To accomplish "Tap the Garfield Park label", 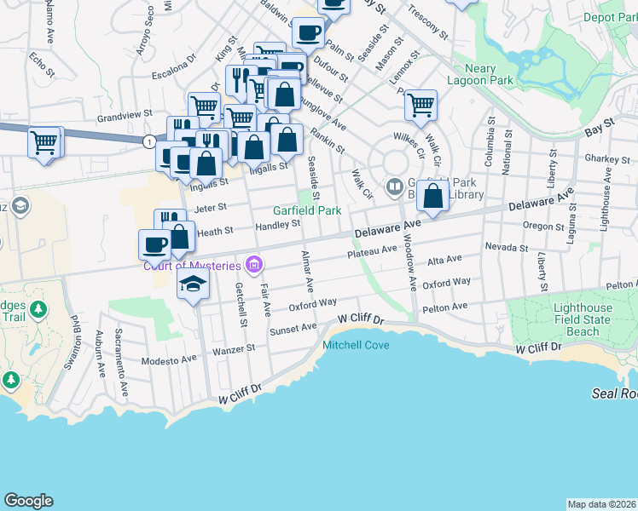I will coord(306,210).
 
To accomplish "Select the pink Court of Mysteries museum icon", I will coord(253,266).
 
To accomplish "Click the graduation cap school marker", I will coord(194,284).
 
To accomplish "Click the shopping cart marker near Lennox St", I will coord(420,106).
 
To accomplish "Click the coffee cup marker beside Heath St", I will coord(154,244).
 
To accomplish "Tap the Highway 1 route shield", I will coord(150,141).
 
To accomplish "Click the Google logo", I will coord(28,501).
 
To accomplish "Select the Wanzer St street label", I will coord(239,348).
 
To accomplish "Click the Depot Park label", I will coord(610,17).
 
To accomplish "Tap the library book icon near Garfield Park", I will coord(394,185).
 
